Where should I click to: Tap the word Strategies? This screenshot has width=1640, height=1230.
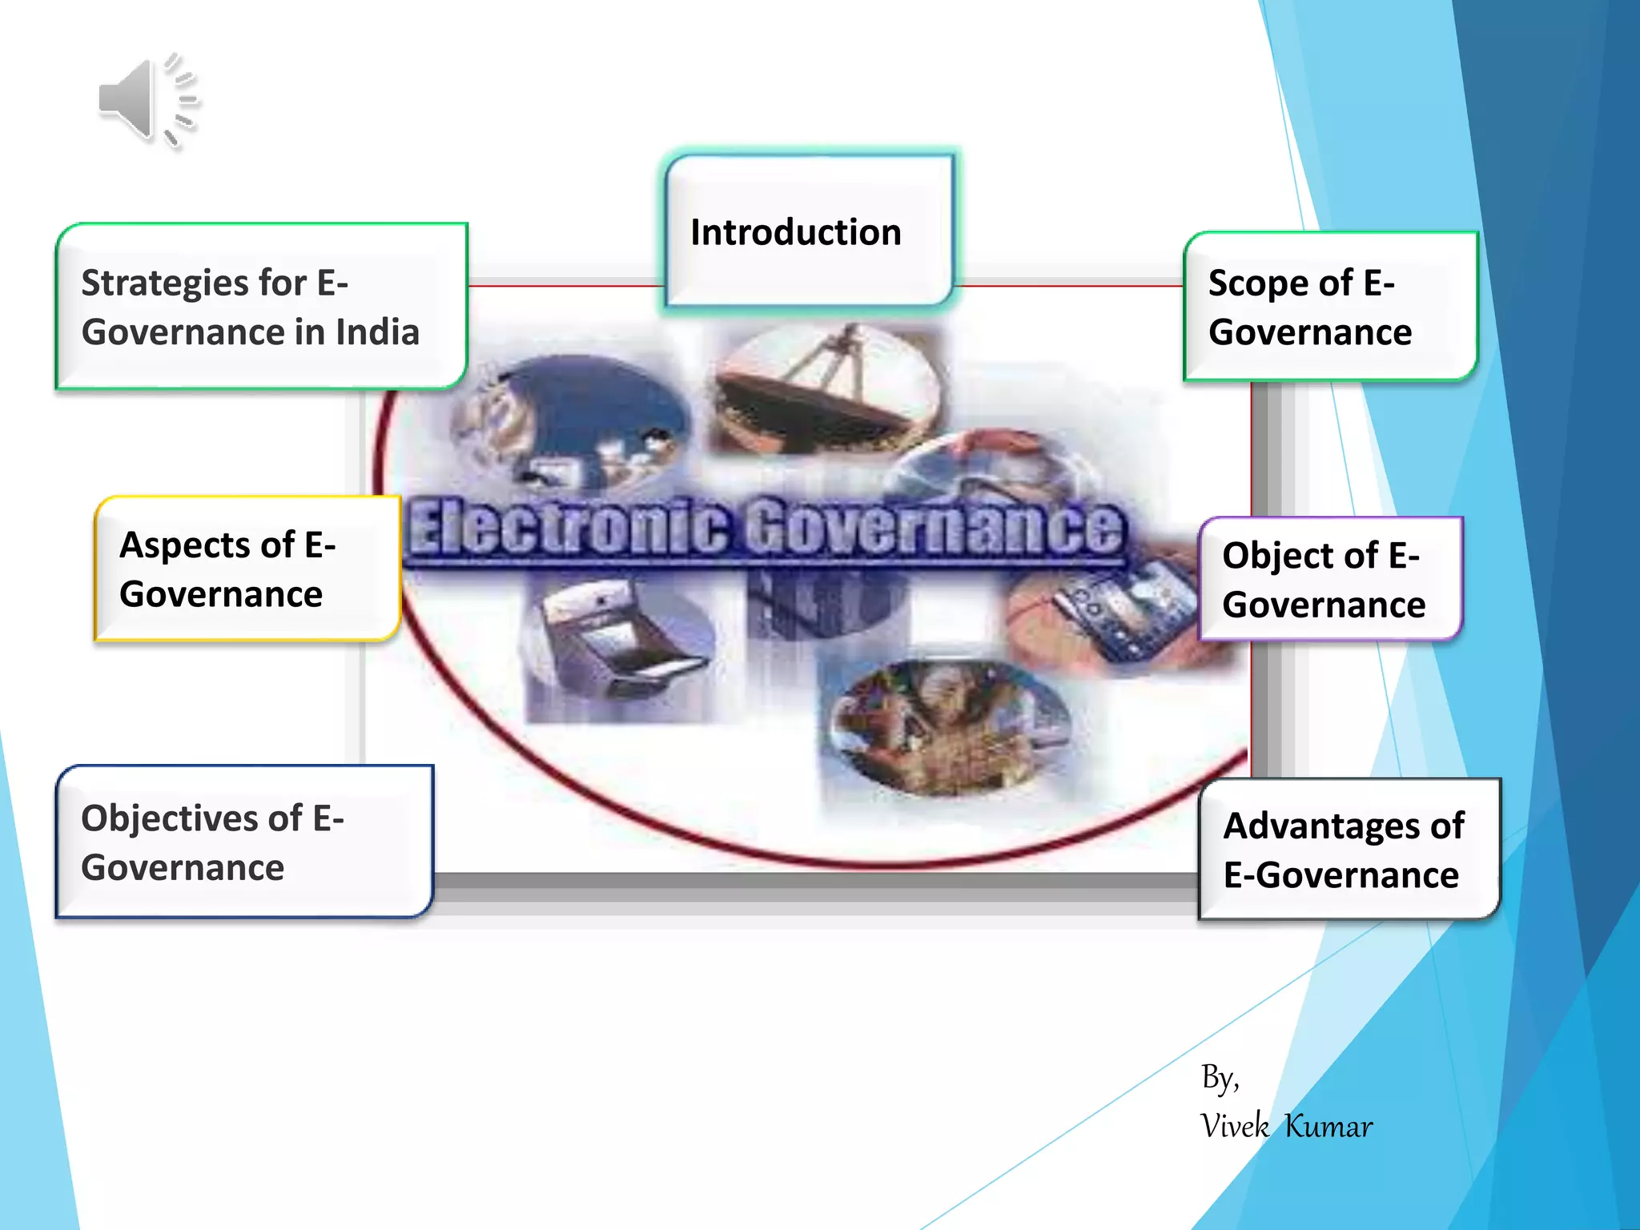[165, 283]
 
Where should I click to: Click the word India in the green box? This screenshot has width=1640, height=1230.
[377, 332]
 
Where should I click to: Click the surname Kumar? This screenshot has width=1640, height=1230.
[1328, 1126]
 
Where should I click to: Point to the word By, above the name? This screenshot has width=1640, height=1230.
[1220, 1078]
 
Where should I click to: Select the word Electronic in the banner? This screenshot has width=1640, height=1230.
[569, 527]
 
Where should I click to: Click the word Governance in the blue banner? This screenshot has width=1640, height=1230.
[933, 527]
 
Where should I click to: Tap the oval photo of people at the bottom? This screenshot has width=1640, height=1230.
[949, 729]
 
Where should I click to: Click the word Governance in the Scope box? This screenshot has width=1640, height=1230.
[1310, 332]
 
